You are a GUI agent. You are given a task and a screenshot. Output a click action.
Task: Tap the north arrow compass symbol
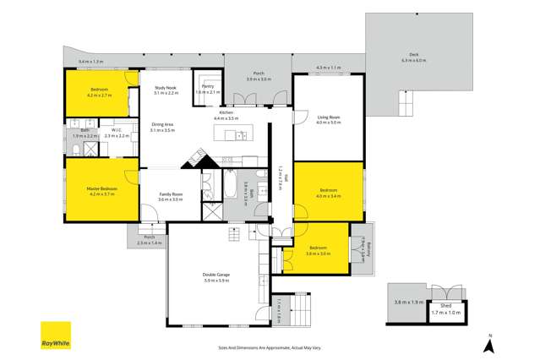coord(489,343)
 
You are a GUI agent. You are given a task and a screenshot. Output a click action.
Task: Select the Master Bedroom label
coord(101,188)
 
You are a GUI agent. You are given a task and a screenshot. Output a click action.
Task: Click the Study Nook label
coord(165,88)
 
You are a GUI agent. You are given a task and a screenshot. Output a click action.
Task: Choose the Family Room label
coord(171,194)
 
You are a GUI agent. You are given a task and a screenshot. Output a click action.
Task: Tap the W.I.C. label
coord(117,130)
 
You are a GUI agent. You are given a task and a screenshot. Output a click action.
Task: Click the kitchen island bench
coord(232,135)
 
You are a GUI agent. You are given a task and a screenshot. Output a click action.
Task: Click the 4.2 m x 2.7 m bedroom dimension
coord(101,95)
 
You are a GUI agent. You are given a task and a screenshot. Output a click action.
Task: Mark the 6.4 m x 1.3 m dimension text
coord(90,62)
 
